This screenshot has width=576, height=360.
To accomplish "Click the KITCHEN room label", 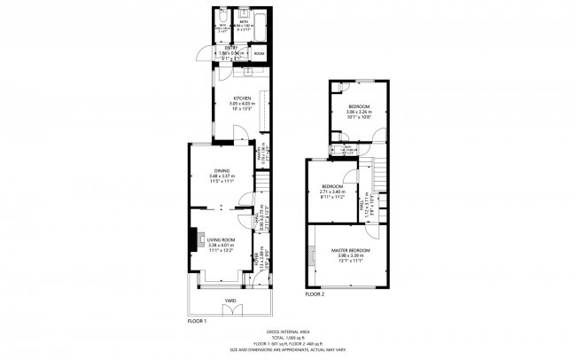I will pyautogui.click(x=242, y=98).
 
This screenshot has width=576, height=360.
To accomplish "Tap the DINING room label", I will pyautogui.click(x=222, y=169).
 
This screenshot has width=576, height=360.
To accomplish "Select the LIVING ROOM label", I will pyautogui.click(x=221, y=239).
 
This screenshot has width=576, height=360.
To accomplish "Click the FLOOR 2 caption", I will pyautogui.click(x=316, y=293).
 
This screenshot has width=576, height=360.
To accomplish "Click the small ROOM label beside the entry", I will pyautogui.click(x=259, y=54).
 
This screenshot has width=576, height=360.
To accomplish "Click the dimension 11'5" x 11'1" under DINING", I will pyautogui.click(x=222, y=181).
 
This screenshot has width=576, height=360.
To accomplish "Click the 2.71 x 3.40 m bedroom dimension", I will pyautogui.click(x=333, y=191).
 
